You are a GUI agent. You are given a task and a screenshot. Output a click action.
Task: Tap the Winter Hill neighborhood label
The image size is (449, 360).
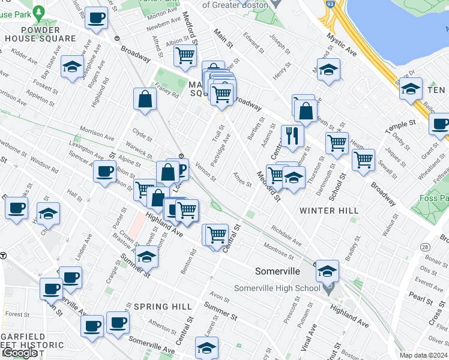pyautogui.click(x=329, y=211)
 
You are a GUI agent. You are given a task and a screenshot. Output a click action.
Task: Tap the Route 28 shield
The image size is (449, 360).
pyautogui.click(x=424, y=247)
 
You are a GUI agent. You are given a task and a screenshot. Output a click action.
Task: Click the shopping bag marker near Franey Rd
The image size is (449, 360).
pyautogui.click(x=145, y=99)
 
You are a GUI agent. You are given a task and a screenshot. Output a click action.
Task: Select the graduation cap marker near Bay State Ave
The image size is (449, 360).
pyautogui.click(x=73, y=66)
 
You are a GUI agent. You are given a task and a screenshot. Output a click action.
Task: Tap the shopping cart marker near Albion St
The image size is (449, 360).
pyautogui.click(x=185, y=55)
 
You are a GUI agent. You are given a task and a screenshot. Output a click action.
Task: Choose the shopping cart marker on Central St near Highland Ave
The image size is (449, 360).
pyautogui.click(x=217, y=234)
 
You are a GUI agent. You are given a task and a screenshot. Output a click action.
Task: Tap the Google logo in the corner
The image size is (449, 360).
pyautogui.click(x=20, y=353)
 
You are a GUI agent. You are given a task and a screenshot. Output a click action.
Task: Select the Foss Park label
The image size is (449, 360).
pyautogui.click(x=435, y=197)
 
